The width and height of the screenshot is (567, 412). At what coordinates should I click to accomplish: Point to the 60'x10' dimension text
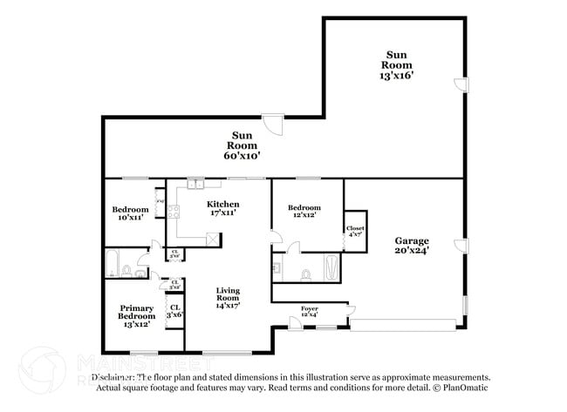tap(243, 156)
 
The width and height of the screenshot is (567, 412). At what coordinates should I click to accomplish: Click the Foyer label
tap(310, 309)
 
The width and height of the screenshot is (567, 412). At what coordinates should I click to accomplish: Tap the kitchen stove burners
tap(173, 211)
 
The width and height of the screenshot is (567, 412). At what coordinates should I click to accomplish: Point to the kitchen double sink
tap(194, 184)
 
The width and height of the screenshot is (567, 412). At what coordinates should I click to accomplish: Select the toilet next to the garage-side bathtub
tap(305, 274)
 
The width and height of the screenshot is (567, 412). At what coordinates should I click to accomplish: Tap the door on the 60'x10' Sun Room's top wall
tap(274, 125)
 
